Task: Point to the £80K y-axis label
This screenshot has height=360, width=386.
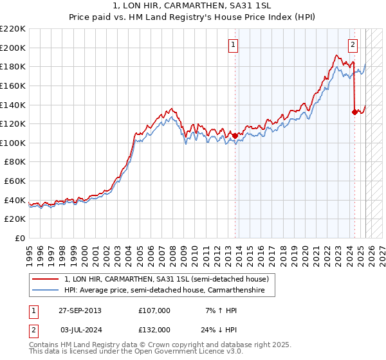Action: pos(15,162)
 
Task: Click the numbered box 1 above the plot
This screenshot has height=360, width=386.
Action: pos(232,45)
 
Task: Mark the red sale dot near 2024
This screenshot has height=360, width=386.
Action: pos(354,112)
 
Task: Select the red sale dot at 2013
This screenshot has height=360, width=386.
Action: pos(235,136)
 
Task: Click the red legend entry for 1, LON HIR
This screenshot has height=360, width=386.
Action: pos(170,278)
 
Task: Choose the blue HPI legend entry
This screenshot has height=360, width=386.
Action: pos(169,290)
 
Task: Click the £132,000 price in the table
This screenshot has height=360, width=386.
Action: pos(154,329)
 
